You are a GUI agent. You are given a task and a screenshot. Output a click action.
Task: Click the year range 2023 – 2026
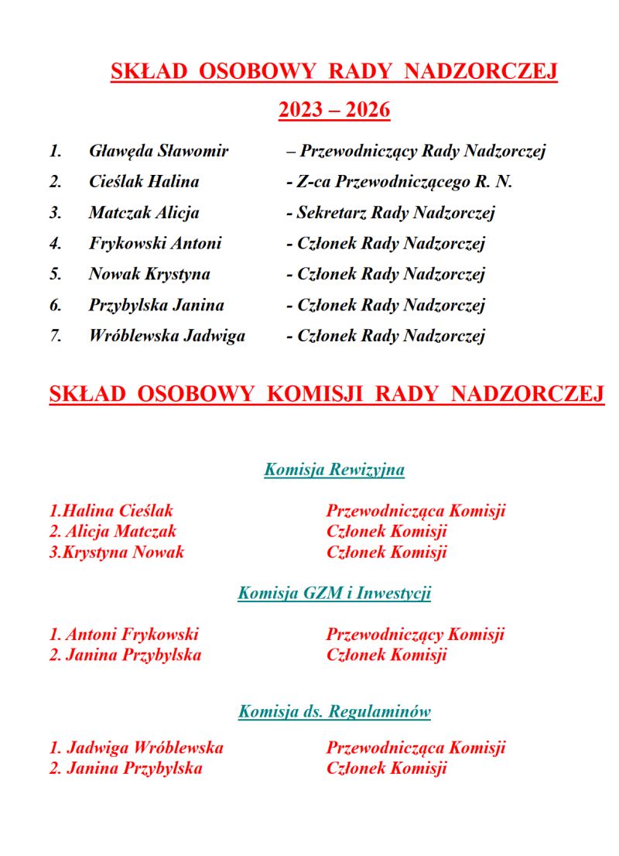333,111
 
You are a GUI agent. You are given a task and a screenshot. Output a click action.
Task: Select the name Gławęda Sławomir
159,151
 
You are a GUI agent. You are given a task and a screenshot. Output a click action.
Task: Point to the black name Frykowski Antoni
155,244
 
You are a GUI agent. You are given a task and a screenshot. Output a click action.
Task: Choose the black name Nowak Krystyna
149,274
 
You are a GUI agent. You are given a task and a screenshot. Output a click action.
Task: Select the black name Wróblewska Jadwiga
166,336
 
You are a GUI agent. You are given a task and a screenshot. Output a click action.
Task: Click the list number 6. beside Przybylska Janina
56,305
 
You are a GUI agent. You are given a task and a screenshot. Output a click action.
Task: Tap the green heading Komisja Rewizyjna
334,470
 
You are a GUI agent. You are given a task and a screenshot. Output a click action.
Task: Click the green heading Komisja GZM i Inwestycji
334,594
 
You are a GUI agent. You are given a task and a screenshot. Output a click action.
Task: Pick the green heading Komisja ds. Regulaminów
334,711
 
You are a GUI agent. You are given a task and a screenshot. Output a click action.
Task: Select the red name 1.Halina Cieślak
111,511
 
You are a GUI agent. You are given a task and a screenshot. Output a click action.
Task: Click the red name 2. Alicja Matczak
113,532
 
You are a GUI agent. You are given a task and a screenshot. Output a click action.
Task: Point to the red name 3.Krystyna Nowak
117,553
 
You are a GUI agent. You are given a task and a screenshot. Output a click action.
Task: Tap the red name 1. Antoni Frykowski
124,635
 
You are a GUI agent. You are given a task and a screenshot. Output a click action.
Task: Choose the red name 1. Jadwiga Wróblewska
136,748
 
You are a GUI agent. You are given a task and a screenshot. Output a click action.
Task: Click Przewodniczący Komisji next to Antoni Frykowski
415,635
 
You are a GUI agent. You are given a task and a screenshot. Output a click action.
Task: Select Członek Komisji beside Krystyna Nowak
387,553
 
